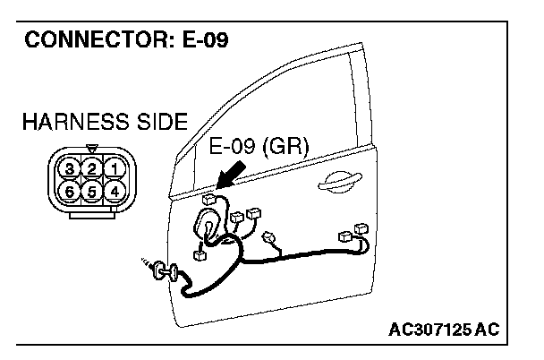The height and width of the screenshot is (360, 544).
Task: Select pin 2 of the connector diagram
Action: [90, 168]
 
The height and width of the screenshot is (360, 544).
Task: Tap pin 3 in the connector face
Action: [70, 168]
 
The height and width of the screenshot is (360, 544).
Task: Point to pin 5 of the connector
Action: [90, 190]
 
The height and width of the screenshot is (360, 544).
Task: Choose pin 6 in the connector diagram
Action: [70, 190]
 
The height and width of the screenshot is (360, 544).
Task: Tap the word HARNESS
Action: [65, 121]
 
